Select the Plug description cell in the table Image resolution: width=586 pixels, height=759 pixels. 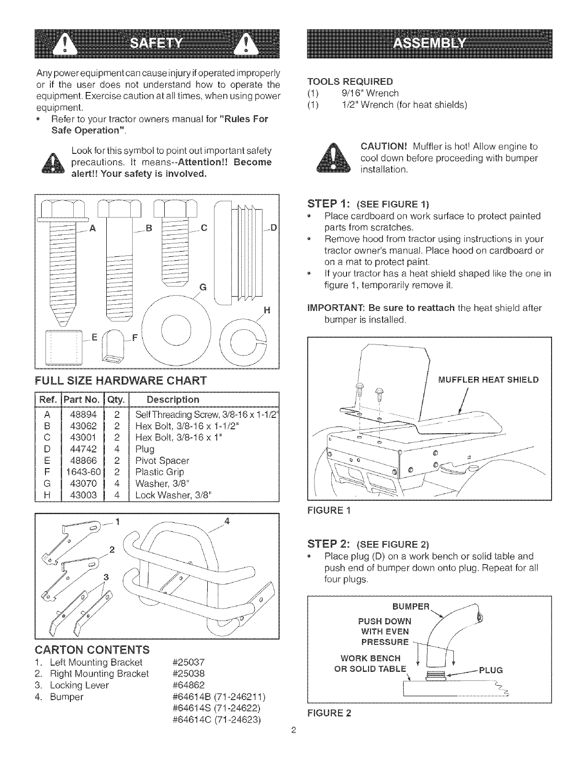(145, 449)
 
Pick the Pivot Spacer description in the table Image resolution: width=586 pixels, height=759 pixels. (162, 460)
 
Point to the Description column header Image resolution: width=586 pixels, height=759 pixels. (173, 399)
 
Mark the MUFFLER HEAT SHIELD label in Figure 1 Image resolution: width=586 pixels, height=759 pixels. (488, 380)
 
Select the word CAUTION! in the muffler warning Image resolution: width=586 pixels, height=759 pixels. (383, 146)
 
